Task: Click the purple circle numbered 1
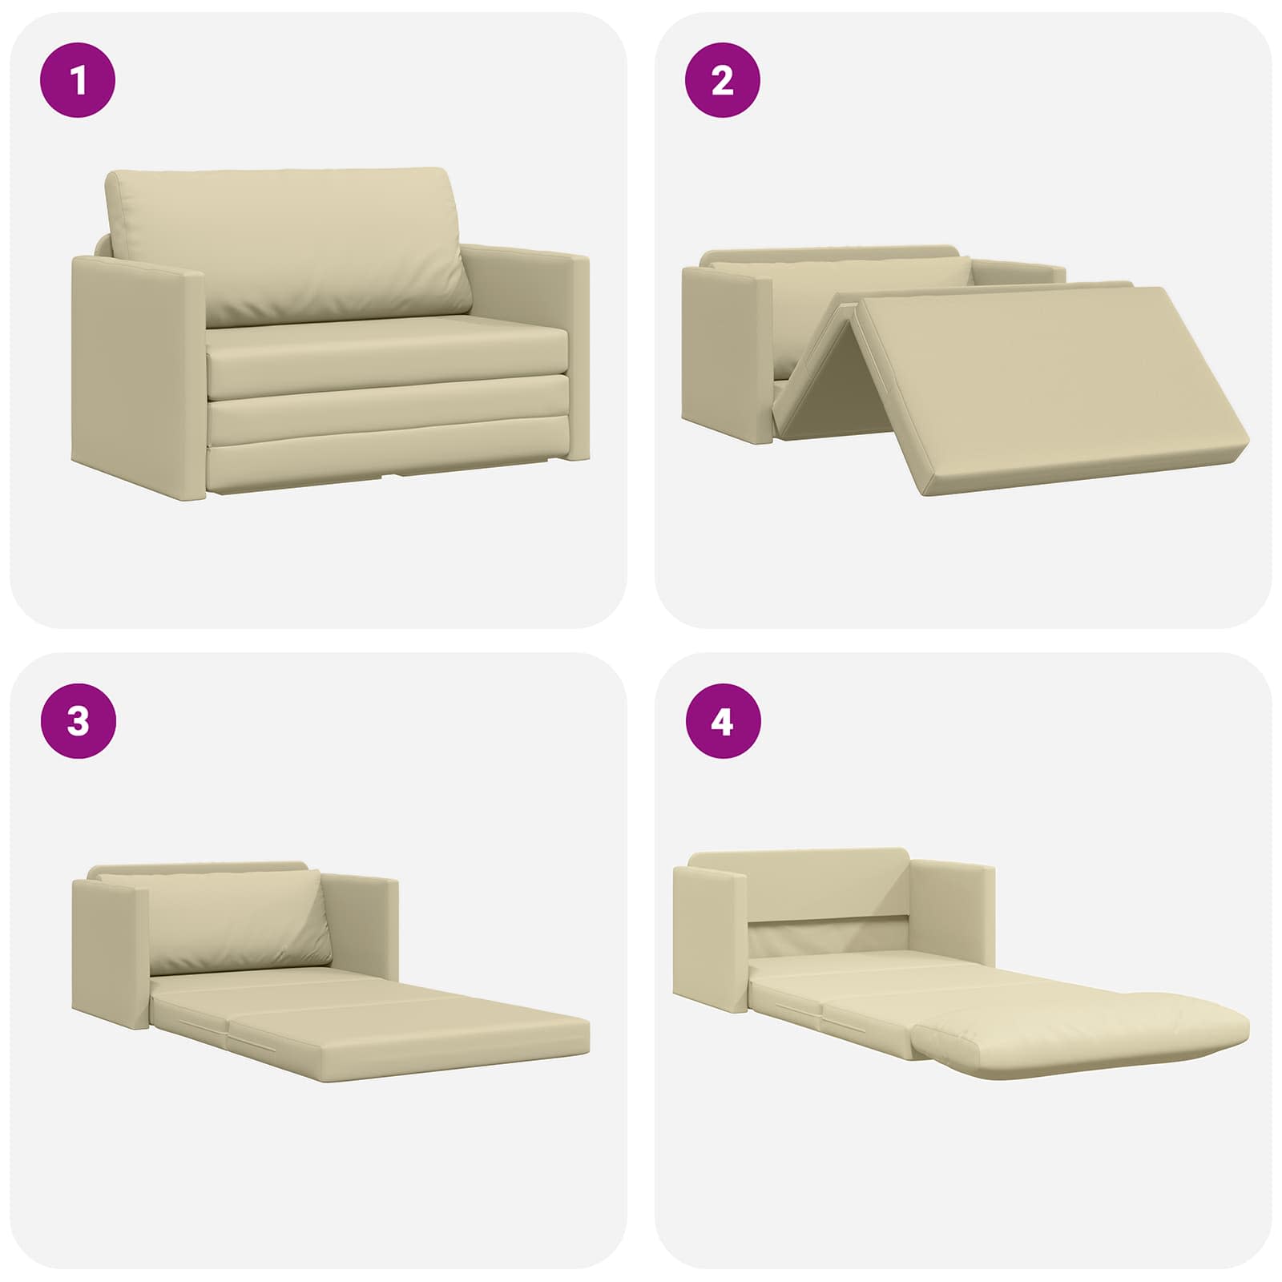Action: [78, 81]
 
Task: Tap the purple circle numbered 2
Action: [722, 81]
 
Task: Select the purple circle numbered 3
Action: [78, 721]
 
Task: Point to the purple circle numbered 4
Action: [722, 721]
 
